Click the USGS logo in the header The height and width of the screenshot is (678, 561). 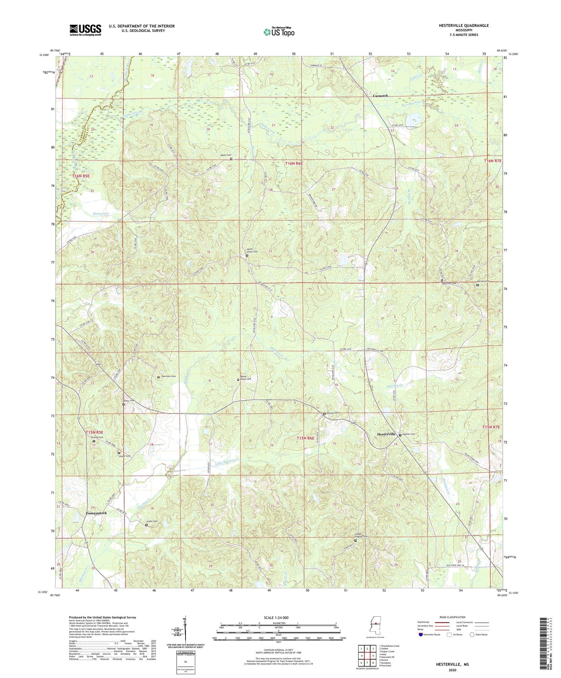coord(85,30)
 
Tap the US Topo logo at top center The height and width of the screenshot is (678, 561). coord(279,32)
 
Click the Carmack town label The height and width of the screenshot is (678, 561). coord(380,96)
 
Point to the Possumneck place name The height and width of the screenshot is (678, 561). coord(96,513)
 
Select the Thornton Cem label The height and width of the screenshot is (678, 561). coord(168,377)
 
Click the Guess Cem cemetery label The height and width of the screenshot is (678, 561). coord(152,521)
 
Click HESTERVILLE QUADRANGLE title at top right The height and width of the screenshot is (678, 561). coord(463,25)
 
